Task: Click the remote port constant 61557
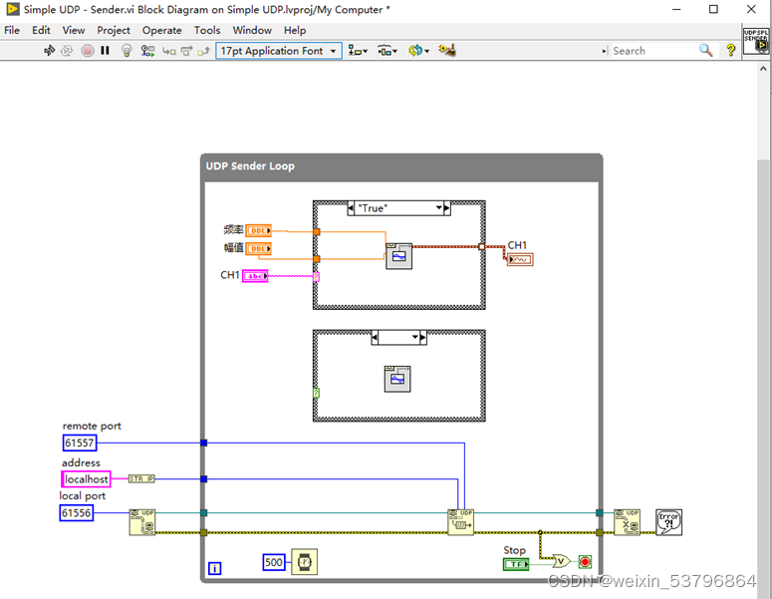tap(78, 443)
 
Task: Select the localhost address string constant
tap(86, 479)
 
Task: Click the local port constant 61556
tap(77, 513)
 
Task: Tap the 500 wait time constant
tap(274, 562)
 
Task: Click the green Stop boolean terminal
tap(516, 564)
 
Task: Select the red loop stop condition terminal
tap(585, 562)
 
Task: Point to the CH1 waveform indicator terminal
tap(519, 260)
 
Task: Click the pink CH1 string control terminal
tap(255, 276)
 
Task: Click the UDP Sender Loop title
tap(250, 165)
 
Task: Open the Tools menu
tap(207, 30)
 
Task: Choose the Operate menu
tap(161, 30)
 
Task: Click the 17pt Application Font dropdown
tap(278, 51)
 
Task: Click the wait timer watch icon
tap(305, 562)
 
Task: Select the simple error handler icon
tap(668, 521)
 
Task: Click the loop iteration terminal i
tap(214, 569)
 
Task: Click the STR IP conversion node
tap(141, 479)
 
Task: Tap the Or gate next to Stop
tap(563, 562)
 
